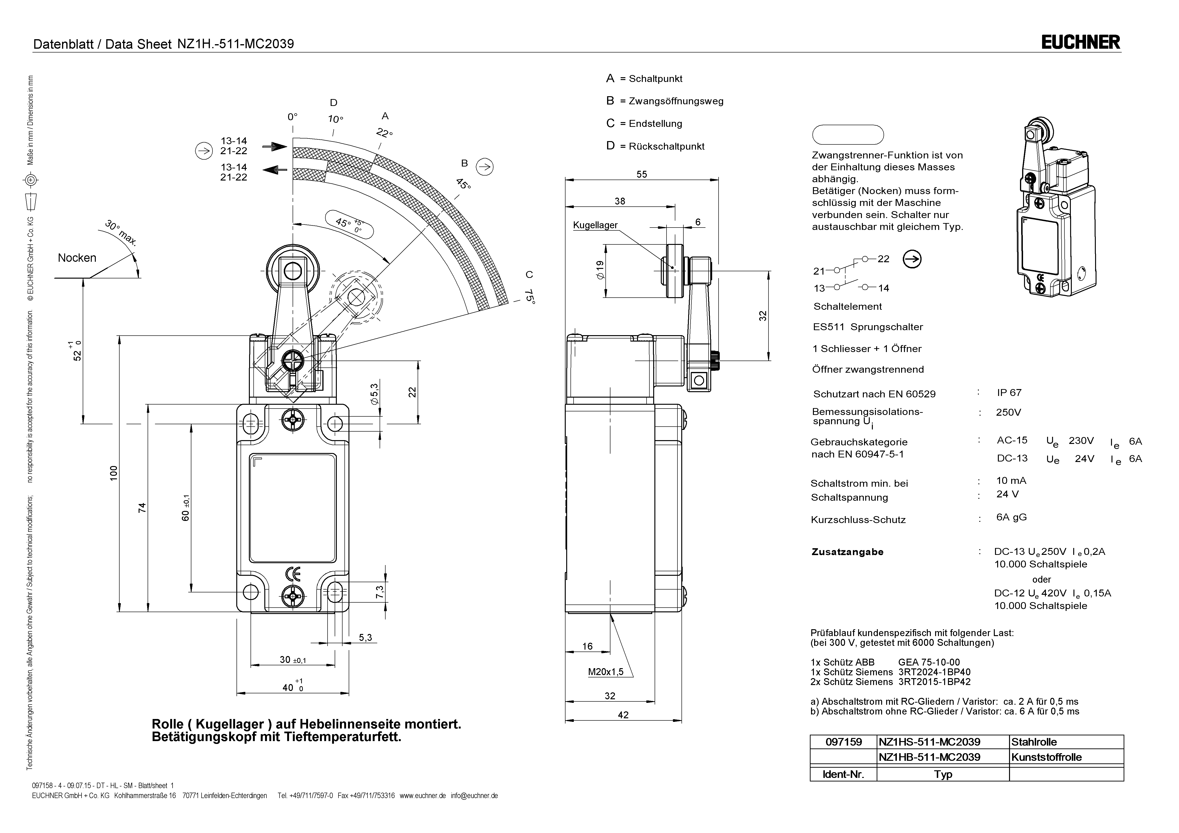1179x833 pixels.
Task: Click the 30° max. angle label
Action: click(x=121, y=233)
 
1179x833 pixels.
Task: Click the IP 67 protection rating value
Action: click(x=1009, y=393)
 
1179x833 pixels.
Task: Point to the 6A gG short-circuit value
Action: click(x=1011, y=517)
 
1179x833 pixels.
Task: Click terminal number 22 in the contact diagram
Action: click(x=883, y=259)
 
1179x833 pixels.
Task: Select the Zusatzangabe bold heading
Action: click(x=847, y=552)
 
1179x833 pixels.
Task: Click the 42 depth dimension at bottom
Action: click(x=623, y=715)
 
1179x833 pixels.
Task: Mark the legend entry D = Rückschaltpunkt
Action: click(x=655, y=146)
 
